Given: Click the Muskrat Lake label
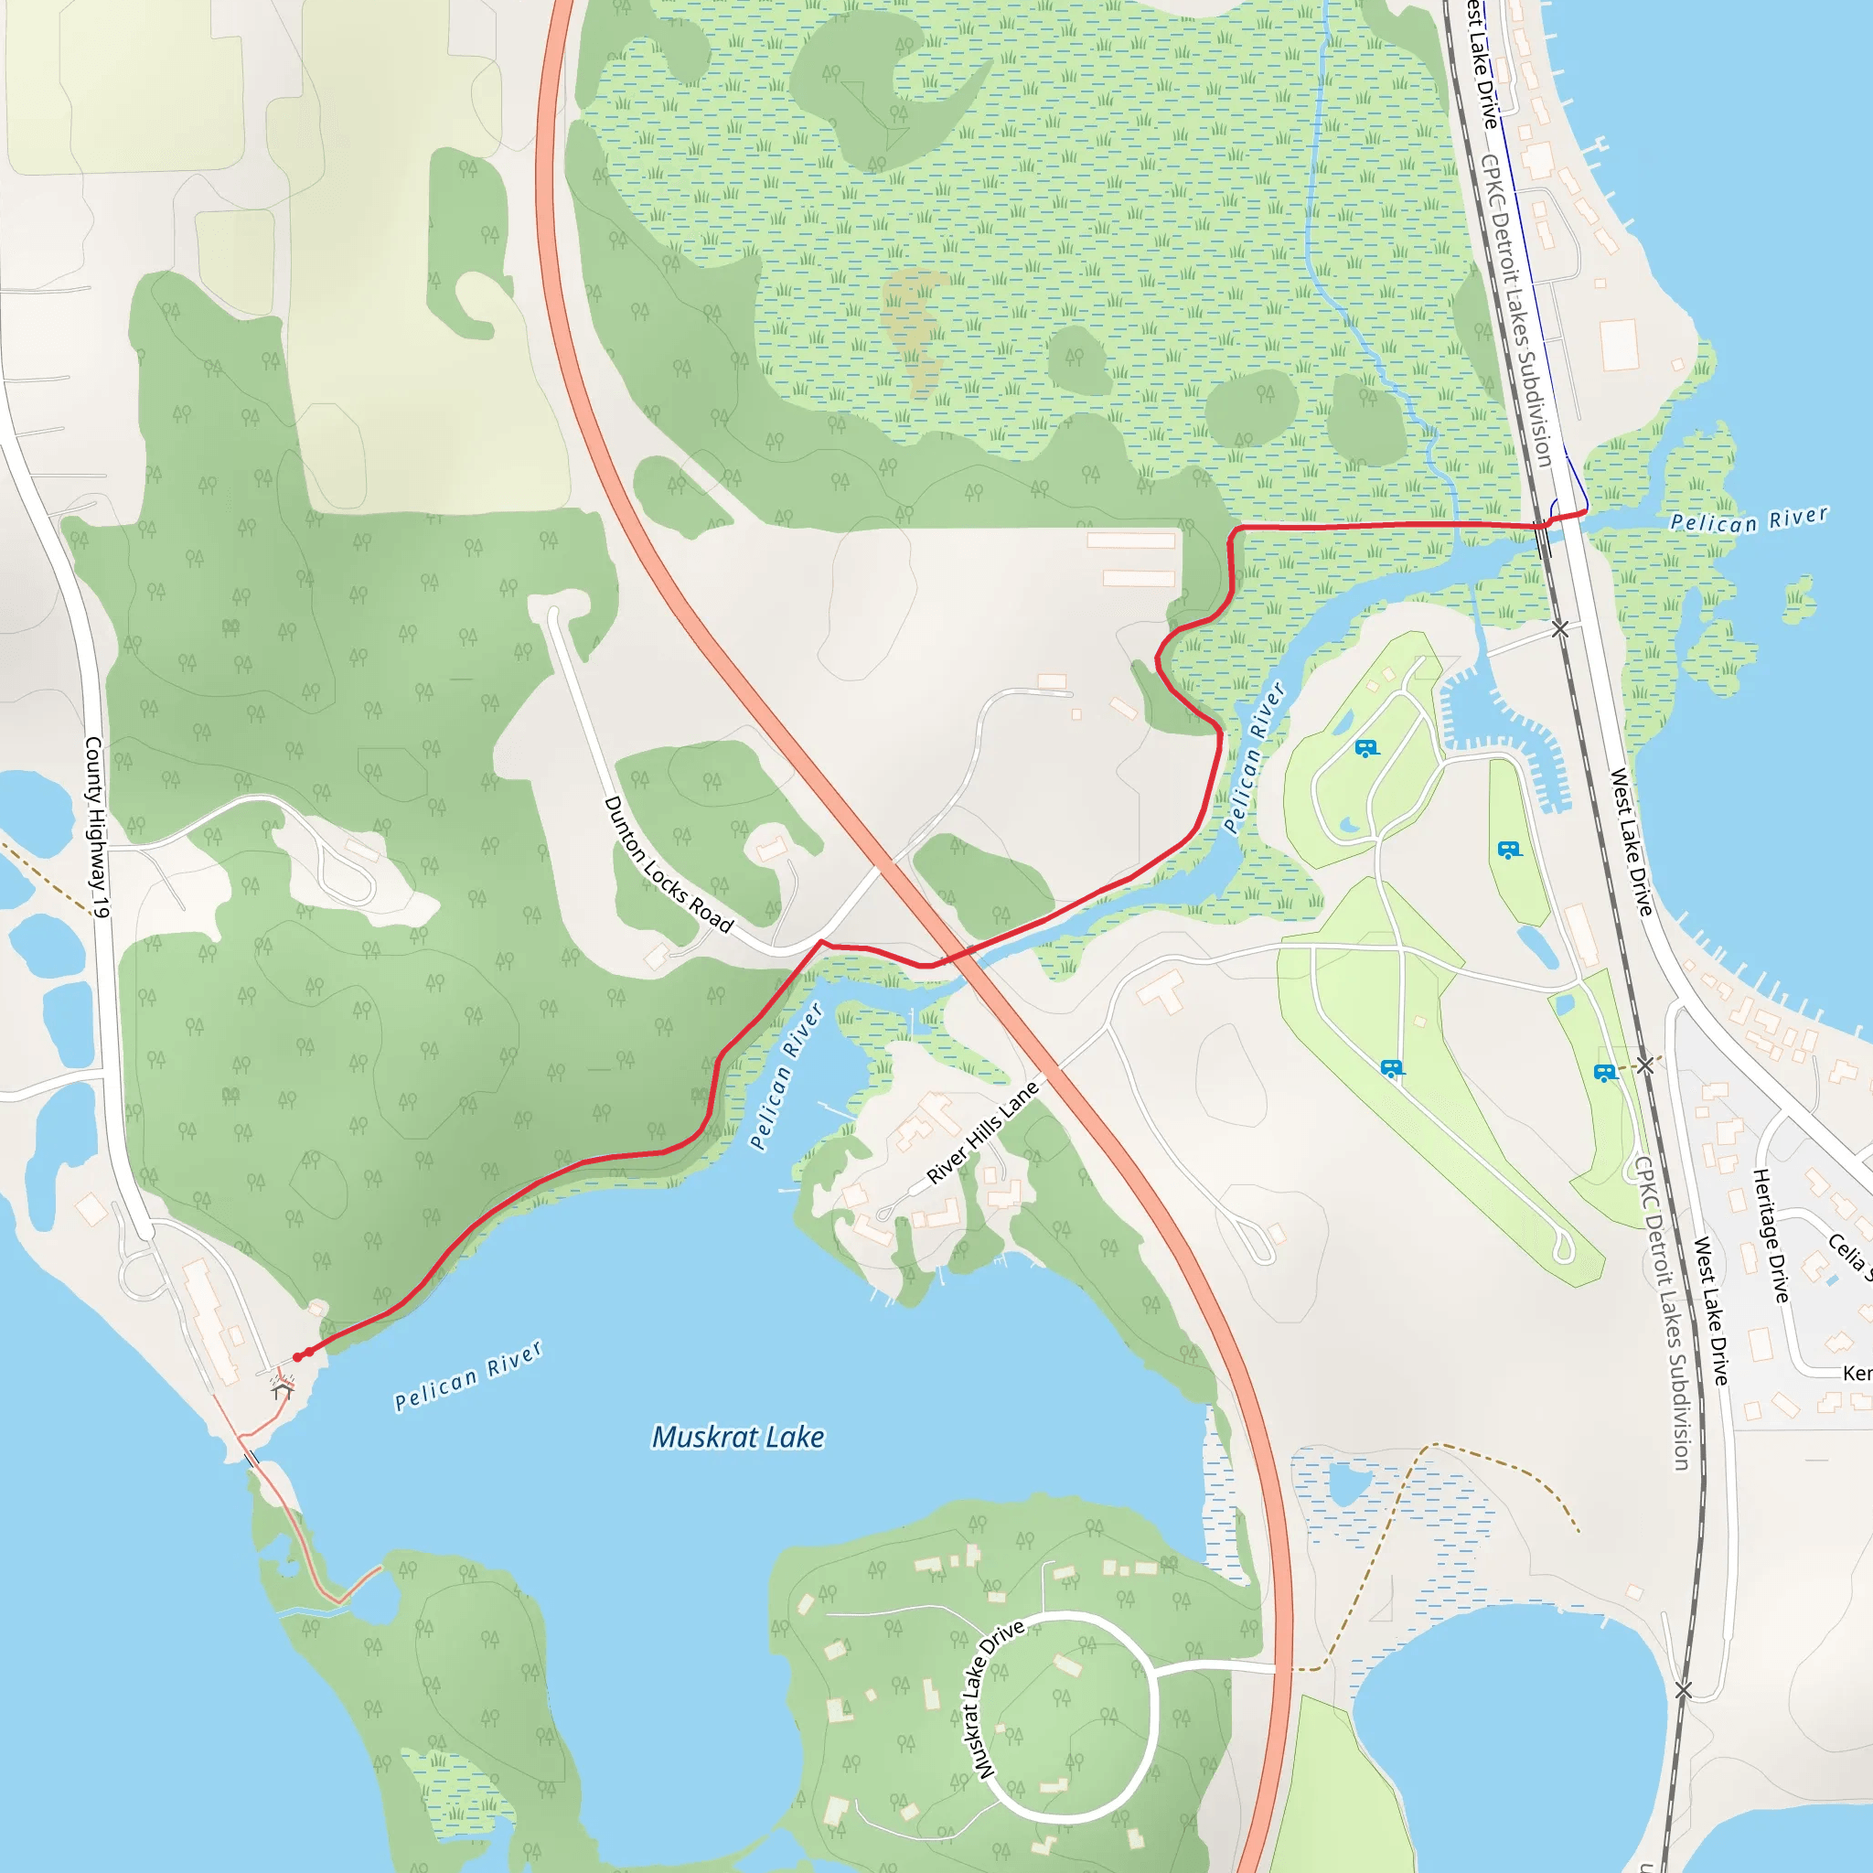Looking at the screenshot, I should click(738, 1437).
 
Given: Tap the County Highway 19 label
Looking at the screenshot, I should click(98, 827).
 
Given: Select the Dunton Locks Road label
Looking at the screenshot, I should click(668, 863).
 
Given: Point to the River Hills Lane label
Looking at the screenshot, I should click(982, 1132).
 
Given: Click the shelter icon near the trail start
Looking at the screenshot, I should click(282, 1390).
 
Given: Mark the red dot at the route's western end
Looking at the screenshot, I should click(297, 1357).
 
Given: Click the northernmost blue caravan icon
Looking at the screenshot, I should click(1366, 748).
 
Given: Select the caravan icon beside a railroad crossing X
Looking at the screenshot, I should click(1605, 1073).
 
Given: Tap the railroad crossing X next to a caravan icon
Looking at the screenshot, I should click(1645, 1065).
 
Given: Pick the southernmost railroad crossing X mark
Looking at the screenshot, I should click(1683, 1691).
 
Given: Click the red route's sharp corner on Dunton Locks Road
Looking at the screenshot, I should click(821, 941).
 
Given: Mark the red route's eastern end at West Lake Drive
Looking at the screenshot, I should click(1585, 510).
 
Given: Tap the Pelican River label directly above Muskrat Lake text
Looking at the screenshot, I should click(467, 1375).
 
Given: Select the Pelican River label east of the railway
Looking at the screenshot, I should click(1749, 520).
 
